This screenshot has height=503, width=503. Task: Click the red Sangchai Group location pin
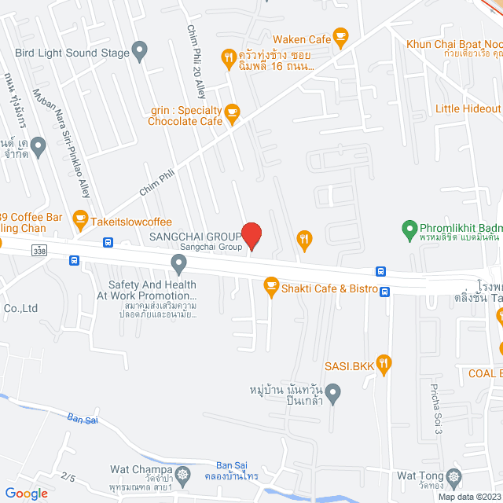(251, 235)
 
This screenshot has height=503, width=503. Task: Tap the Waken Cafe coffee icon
(340, 36)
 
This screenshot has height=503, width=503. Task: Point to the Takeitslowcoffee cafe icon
(79, 217)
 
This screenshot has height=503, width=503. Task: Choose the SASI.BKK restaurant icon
(384, 362)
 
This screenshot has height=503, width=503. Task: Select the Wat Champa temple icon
(184, 474)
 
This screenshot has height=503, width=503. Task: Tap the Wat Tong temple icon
(453, 476)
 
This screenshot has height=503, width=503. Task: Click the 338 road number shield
(39, 250)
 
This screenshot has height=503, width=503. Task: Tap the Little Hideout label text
(468, 109)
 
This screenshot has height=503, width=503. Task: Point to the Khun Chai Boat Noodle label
(454, 44)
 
